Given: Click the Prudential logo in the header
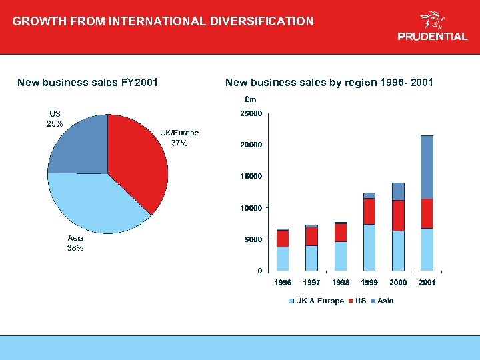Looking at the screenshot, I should [x=432, y=27].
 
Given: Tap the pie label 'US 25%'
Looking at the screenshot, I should [x=55, y=119].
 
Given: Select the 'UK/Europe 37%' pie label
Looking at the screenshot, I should [x=179, y=138].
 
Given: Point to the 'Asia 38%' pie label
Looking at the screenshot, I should [x=75, y=243].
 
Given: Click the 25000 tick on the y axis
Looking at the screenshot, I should [x=251, y=113].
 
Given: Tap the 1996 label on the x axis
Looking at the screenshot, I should [x=283, y=283].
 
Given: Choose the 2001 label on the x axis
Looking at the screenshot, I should [x=427, y=283].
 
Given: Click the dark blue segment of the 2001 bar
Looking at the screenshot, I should [x=427, y=167].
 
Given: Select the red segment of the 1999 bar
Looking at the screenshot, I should [x=369, y=211].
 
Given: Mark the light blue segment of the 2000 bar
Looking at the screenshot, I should [x=398, y=250].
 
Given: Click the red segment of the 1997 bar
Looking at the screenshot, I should [x=311, y=236].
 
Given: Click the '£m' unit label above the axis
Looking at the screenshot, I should [x=251, y=99].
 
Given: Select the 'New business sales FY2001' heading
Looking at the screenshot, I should [x=87, y=83].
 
